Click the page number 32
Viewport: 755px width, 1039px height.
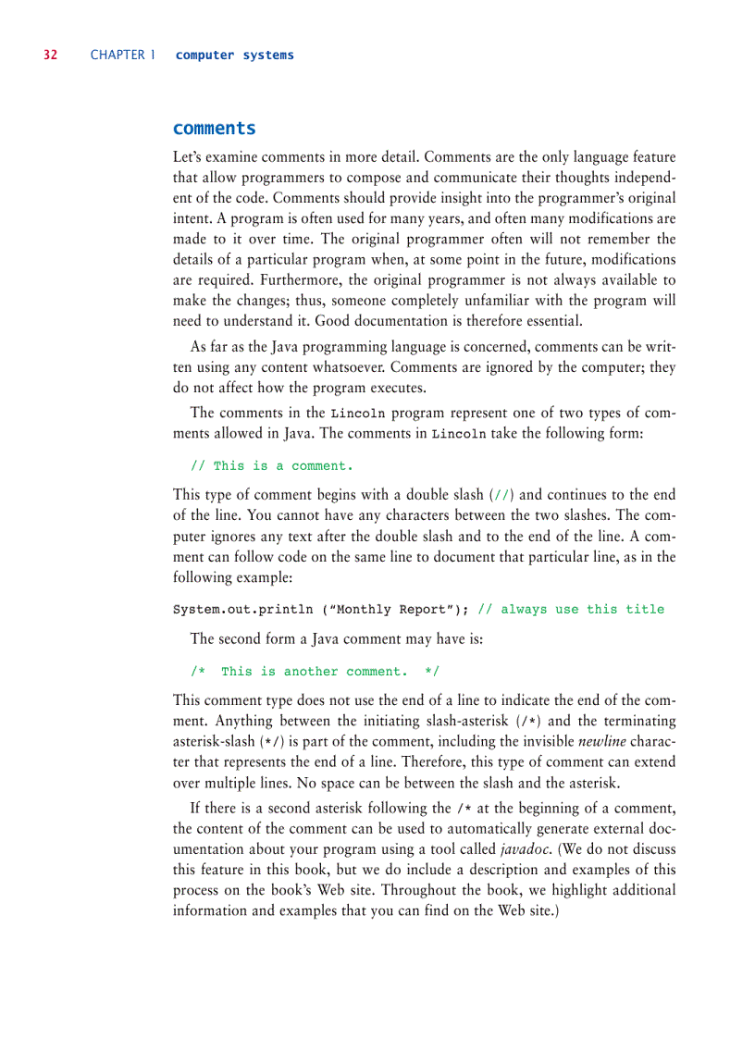click(x=50, y=56)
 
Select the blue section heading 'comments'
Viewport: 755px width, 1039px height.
click(x=214, y=129)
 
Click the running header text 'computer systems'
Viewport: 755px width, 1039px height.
click(x=234, y=56)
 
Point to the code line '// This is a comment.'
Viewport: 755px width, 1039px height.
click(x=271, y=466)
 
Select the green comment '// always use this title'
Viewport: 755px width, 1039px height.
click(x=570, y=610)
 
